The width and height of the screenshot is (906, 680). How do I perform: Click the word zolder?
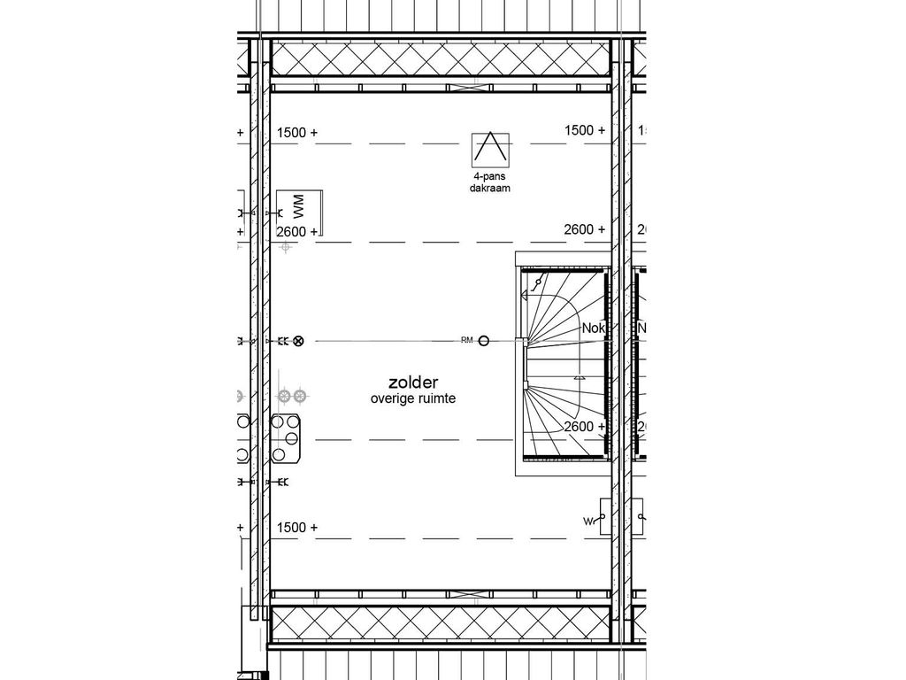(407, 382)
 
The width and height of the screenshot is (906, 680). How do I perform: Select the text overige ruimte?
(413, 399)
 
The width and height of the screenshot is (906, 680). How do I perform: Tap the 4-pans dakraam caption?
(491, 183)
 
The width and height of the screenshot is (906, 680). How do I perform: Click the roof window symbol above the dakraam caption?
(491, 149)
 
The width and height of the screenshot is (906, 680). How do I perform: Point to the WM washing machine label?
(298, 209)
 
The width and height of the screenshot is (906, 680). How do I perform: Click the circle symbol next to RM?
(484, 341)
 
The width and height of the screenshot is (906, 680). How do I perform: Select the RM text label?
(466, 341)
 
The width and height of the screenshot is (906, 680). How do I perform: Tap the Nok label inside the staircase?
(592, 328)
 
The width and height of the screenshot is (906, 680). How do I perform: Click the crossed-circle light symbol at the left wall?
(298, 341)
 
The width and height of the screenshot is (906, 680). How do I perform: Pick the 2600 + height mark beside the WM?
(296, 231)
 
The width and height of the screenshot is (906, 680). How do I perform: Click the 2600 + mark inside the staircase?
(585, 426)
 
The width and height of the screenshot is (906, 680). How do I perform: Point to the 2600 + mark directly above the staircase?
(585, 229)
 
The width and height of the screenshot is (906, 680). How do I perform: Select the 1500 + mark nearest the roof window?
(585, 130)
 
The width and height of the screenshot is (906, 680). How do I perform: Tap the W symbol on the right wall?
(587, 522)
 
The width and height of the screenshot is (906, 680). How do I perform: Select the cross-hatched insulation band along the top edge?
(441, 58)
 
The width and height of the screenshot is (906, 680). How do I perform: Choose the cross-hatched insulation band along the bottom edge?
(441, 623)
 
